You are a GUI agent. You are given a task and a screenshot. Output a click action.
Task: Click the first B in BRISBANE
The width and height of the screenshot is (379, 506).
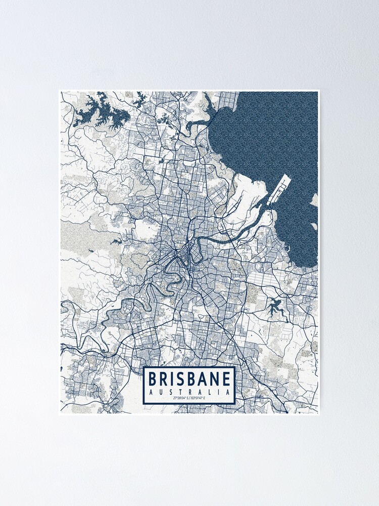[x=152, y=379]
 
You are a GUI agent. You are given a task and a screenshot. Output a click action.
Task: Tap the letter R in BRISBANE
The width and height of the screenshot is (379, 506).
[x=164, y=379]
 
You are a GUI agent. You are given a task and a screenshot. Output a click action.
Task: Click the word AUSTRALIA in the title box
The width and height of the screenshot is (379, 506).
[x=190, y=392]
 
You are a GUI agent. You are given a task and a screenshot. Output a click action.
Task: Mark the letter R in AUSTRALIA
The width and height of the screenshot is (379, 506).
[x=189, y=392]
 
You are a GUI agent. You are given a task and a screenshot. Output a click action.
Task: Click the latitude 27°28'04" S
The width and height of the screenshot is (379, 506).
[x=179, y=399]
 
